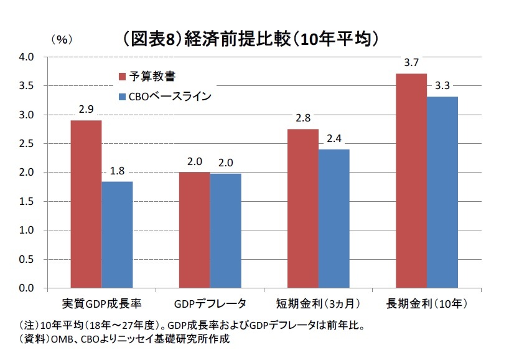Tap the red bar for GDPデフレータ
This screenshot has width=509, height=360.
point(194,230)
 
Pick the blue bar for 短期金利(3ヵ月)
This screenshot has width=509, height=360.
point(334,219)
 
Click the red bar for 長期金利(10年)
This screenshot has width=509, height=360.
point(411,181)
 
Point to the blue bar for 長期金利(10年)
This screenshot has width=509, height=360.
point(442,192)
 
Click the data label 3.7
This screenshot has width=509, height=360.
point(411,63)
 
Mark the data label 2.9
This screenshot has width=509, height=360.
point(86,110)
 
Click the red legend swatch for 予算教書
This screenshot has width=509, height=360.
point(123,77)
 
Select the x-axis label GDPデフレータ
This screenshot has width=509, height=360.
point(210,304)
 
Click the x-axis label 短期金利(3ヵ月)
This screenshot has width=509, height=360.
point(317,304)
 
